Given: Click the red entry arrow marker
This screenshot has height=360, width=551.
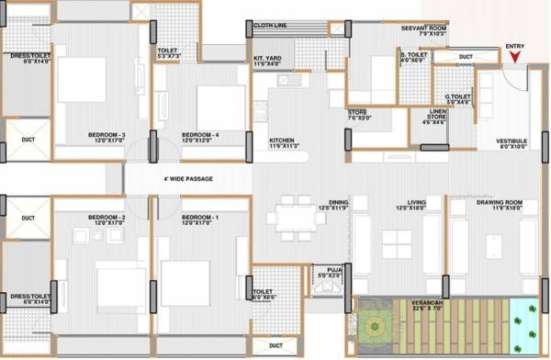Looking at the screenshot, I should coord(515,57).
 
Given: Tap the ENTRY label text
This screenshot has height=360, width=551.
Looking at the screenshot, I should coord(515,45).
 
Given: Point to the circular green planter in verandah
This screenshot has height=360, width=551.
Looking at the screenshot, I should coord(375,326).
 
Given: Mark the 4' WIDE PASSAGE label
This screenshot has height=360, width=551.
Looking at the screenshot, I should coord(187,179).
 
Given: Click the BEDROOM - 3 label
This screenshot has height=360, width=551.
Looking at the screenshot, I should coord(107,136).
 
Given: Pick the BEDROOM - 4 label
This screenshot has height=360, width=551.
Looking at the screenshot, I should coord(200,136).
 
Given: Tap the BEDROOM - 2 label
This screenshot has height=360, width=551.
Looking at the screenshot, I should coord(107,219).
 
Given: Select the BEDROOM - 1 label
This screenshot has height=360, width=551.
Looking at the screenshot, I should coord(200,219).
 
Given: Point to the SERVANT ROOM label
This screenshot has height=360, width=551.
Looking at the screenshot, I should coord(423,29).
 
